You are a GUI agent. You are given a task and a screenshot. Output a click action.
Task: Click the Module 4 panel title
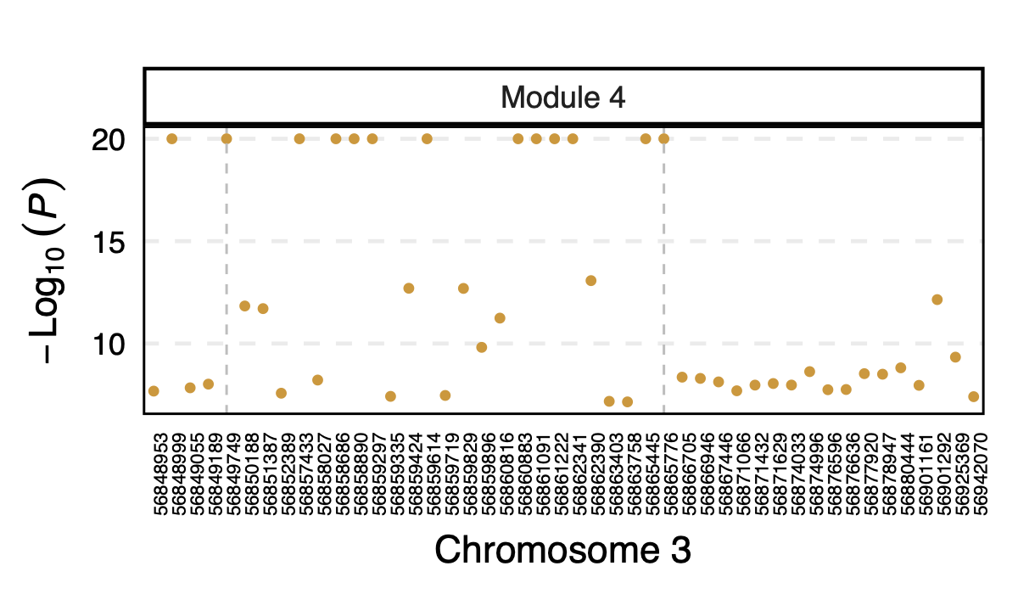pos(562,98)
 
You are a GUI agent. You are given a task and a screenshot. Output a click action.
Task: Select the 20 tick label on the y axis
pos(109,139)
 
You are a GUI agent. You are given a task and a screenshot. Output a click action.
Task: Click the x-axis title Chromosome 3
pos(562,550)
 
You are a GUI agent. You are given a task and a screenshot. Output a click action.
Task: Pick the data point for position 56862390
pos(591,281)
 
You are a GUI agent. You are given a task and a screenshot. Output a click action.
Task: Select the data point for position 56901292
pos(937,300)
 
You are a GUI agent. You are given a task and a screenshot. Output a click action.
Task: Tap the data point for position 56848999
pos(171,139)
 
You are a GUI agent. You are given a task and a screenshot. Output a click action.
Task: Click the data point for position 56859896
pos(482,347)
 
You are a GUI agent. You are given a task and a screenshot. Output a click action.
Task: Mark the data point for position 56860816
pos(500,318)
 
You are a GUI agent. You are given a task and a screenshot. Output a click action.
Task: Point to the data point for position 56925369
pos(955,357)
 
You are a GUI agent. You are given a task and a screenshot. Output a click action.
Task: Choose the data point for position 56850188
pos(244,305)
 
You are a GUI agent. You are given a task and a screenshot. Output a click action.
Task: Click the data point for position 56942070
pos(974,396)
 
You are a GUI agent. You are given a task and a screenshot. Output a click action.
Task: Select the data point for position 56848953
pos(154,391)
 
